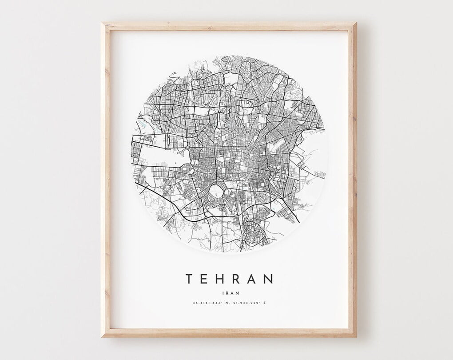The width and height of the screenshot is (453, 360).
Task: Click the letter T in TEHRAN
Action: point(189,279)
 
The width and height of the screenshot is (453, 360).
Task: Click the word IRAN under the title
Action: point(229,292)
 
